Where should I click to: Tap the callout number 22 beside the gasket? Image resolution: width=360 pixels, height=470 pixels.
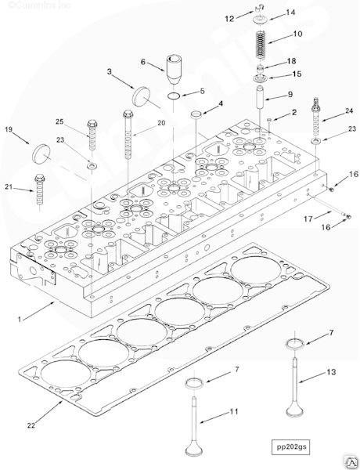tap(31, 426)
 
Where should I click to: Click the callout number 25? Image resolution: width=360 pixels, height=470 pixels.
tap(59, 121)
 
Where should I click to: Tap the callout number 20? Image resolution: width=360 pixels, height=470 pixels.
tap(162, 123)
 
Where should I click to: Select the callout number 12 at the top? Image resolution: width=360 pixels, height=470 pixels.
tap(229, 17)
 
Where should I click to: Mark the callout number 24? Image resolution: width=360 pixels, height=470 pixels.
tap(349, 111)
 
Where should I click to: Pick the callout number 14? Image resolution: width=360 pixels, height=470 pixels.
tap(290, 13)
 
